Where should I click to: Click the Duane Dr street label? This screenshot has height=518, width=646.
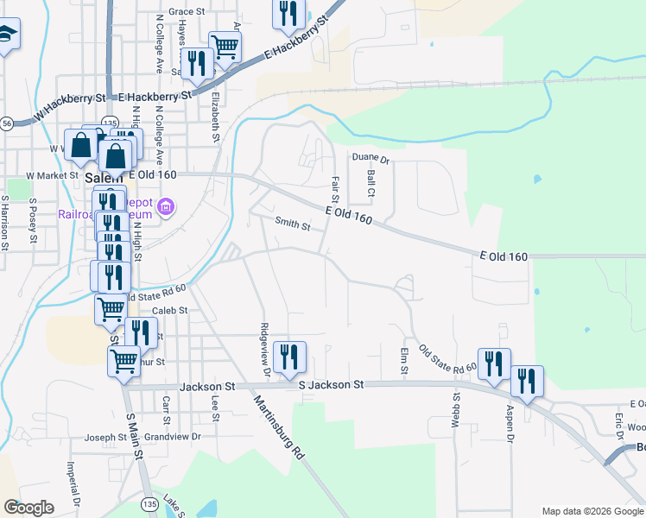pos(371,160)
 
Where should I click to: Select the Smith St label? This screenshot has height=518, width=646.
pos(292,224)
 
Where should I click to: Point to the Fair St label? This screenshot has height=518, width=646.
pos(335,188)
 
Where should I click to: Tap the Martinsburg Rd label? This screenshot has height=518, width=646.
pos(280,426)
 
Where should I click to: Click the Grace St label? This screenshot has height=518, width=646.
pos(187,12)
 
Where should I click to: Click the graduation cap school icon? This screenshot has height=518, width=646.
pos(6,34)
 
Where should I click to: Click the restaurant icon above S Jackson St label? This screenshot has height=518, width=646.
pos(289,355)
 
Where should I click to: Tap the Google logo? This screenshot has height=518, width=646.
pos(28,508)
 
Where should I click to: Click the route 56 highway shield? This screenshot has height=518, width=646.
pos(6,123)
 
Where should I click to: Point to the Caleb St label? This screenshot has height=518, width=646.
pos(169,311)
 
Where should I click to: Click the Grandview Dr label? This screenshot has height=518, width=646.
pos(172,437)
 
